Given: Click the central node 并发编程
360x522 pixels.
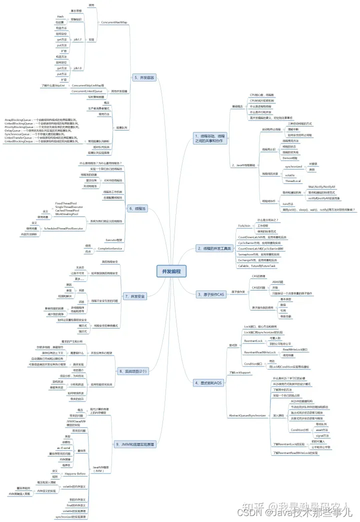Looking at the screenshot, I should tap(171, 271).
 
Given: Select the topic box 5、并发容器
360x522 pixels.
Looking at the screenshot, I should tap(144, 77).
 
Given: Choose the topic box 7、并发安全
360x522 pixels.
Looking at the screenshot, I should tap(134, 296).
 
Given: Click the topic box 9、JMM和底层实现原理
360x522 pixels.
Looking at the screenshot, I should tap(134, 444).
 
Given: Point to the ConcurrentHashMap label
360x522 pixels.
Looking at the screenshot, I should tap(114, 22).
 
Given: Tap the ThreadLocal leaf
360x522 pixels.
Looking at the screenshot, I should tap(293, 180).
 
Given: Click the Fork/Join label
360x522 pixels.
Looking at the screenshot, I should tap(244, 226).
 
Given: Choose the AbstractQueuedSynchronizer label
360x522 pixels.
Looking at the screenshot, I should tap(247, 415).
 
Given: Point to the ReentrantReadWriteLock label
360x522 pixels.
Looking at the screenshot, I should tap(260, 352).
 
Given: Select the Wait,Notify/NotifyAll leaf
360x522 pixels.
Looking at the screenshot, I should tap(321, 186).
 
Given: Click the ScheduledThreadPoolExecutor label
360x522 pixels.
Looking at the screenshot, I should tap(63, 228).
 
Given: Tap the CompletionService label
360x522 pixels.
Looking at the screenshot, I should tap(110, 248).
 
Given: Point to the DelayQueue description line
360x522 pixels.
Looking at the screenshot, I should tap(35, 131).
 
